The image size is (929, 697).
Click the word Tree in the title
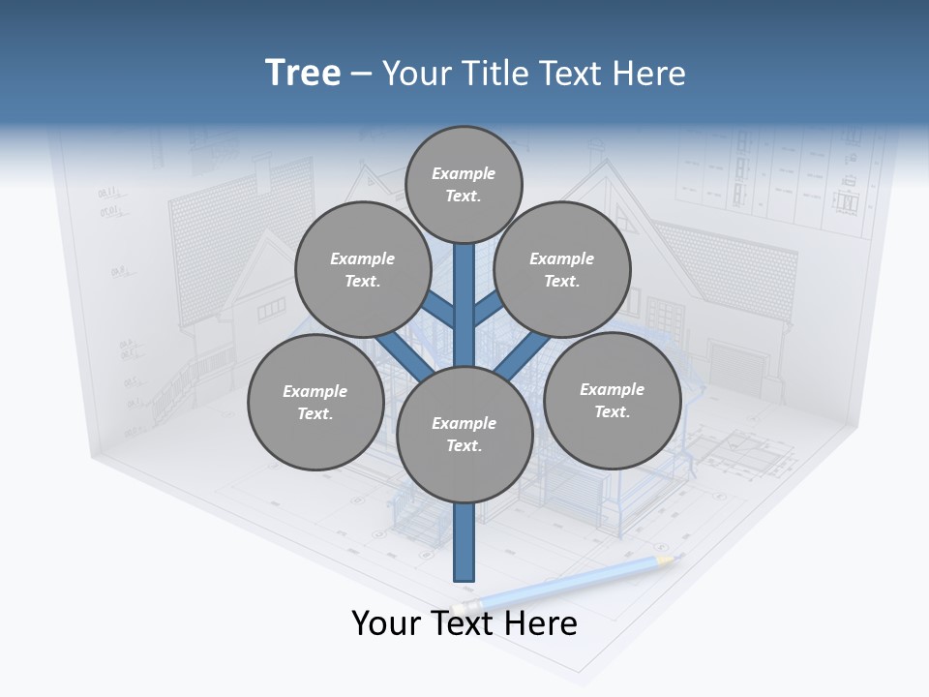[303, 73]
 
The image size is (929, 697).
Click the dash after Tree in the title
[361, 75]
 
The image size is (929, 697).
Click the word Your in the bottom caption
[386, 623]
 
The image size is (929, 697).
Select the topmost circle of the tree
[464, 184]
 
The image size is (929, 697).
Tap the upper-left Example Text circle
[362, 269]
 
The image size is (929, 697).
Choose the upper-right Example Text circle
[562, 269]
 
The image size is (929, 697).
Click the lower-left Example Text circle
[315, 402]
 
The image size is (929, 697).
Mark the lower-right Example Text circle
[612, 400]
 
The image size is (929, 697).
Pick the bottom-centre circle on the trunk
[464, 435]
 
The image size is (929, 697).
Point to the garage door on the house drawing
[736, 368]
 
